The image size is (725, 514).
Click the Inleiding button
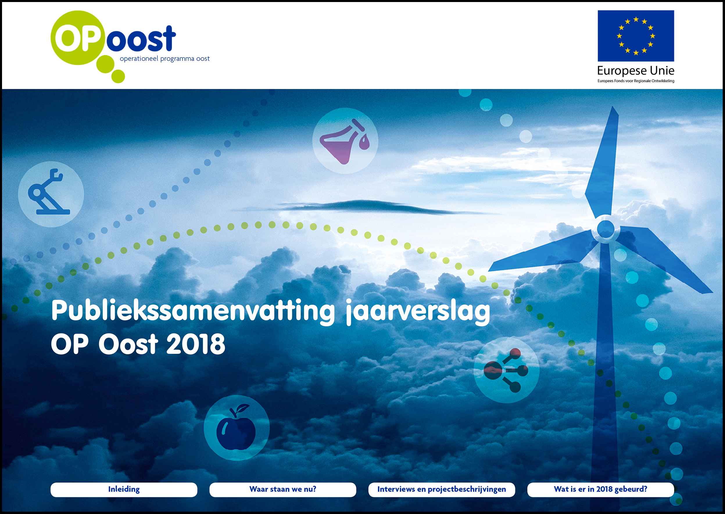pos(124,489)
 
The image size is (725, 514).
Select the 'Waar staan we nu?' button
pos(283,489)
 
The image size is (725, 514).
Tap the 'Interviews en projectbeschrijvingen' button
pos(441,489)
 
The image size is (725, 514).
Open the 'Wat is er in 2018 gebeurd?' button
pos(600,489)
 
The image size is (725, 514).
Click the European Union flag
pos(636,36)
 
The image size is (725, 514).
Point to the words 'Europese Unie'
pos(636,71)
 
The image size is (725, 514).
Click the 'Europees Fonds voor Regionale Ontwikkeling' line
pos(636,81)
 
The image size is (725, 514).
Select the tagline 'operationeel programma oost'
pos(164,59)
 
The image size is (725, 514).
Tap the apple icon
pos(236,427)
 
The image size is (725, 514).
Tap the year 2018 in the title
pos(196,344)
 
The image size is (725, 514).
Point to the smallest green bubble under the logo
pos(118,77)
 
